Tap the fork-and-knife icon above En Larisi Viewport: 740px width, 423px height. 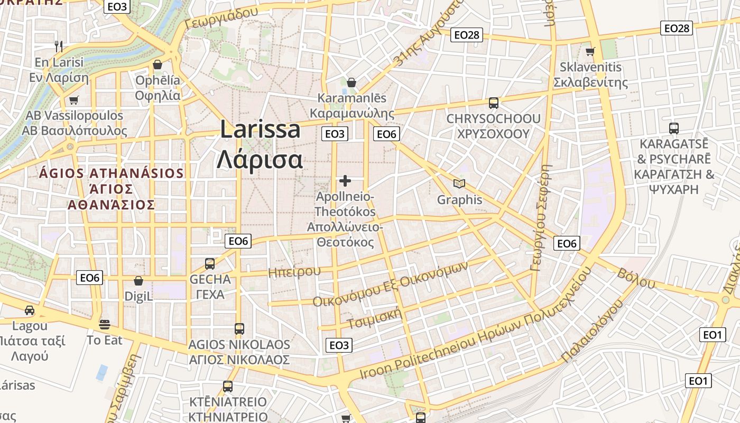59,47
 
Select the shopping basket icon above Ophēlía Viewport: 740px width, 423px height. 158,65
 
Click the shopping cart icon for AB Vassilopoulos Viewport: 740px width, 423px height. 74,100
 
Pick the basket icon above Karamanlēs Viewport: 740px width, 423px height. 351,82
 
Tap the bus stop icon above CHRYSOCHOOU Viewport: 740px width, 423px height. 494,103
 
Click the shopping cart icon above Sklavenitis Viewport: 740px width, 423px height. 590,51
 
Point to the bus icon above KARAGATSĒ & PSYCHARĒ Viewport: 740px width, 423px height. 674,128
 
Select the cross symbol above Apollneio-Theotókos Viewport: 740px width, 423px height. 345,181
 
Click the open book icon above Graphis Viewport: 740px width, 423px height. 459,184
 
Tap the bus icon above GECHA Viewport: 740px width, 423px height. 210,263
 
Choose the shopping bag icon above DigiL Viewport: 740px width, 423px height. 138,281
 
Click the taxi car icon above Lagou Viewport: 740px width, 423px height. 30,310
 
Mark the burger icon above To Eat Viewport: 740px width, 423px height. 105,324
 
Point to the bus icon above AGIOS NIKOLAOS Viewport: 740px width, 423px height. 239,329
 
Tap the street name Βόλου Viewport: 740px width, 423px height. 636,279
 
